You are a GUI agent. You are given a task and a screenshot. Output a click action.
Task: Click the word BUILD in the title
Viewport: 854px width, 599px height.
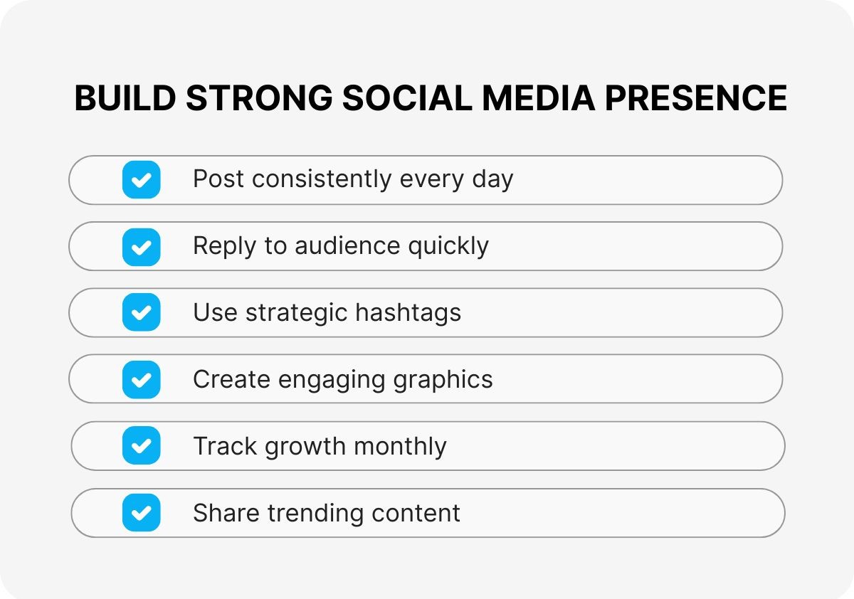tap(125, 98)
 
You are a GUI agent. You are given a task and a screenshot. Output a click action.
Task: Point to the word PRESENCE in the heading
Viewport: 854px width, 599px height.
tap(696, 98)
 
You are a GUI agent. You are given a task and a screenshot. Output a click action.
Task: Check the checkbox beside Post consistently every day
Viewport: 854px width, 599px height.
tap(141, 179)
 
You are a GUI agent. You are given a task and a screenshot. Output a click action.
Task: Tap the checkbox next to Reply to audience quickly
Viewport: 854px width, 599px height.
tap(141, 246)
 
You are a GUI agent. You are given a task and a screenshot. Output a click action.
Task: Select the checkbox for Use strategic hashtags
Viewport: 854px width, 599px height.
tap(141, 312)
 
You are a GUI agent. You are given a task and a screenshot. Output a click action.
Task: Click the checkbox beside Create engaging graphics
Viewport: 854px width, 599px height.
tap(141, 379)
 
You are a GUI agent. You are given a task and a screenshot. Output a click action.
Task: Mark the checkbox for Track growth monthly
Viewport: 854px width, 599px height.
tap(141, 446)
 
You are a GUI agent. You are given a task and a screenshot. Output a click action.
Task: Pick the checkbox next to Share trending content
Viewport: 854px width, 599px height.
tap(141, 513)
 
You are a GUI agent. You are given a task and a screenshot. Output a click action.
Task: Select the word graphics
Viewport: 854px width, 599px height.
tap(443, 380)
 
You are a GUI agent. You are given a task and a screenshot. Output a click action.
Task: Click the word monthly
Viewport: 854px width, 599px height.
tap(400, 447)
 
